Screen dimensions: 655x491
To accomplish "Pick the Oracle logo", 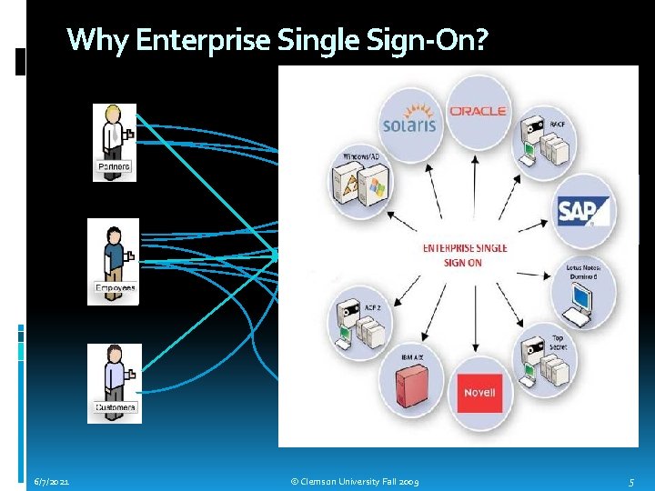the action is tap(478, 111).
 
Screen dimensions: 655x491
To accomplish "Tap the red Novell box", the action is tap(479, 393).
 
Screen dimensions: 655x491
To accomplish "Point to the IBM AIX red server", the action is tap(412, 389).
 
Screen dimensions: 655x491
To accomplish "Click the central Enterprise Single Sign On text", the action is tap(465, 256).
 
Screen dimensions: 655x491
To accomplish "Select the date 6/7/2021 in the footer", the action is tap(53, 480).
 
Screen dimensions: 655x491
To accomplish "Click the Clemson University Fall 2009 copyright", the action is tap(354, 480).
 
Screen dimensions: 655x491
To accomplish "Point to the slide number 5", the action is tap(631, 480).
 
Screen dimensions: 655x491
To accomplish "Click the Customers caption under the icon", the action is tap(116, 408).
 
